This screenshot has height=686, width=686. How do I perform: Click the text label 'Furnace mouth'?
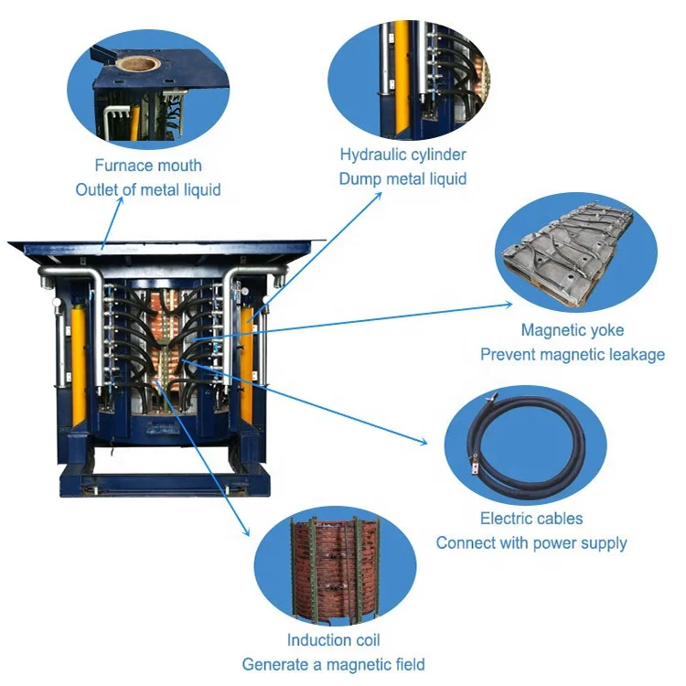pos(148,166)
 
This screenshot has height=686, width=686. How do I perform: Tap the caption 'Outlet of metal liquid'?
pos(148,190)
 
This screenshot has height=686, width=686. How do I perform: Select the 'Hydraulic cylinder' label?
pos(402,155)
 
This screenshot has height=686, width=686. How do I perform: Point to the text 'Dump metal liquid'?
pos(402,178)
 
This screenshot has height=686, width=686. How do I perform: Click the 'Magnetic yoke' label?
pos(573,330)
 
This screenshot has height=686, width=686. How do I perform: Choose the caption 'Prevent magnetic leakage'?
pos(573,354)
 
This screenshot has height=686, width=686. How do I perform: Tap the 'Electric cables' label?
pos(531,519)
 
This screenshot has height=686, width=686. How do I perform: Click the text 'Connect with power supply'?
pos(531,542)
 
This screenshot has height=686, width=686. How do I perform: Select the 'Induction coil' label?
pos(333,640)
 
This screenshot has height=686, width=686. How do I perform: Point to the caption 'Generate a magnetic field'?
pos(333,664)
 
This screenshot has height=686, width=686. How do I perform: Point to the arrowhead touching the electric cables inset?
pos(423,443)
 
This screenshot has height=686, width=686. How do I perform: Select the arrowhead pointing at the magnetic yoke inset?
pos(510,304)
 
